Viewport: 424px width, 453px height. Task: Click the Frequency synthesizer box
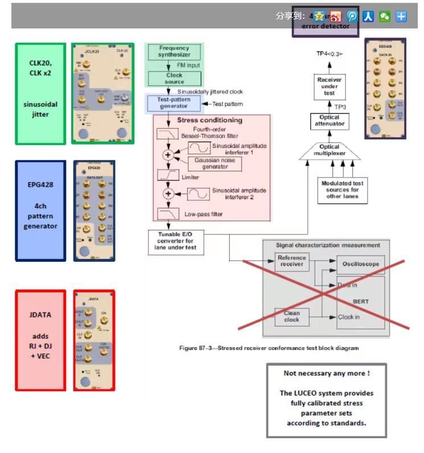[174, 52]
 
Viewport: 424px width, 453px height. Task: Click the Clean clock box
[291, 316]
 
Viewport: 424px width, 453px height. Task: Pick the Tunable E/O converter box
[175, 241]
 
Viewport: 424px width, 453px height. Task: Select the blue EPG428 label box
[40, 210]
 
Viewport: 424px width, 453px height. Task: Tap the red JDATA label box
[40, 340]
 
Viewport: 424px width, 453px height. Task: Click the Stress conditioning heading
[209, 120]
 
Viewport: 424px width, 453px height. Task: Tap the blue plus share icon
[401, 16]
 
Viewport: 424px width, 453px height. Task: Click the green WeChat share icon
[385, 16]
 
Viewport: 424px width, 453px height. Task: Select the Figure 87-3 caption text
[269, 348]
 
